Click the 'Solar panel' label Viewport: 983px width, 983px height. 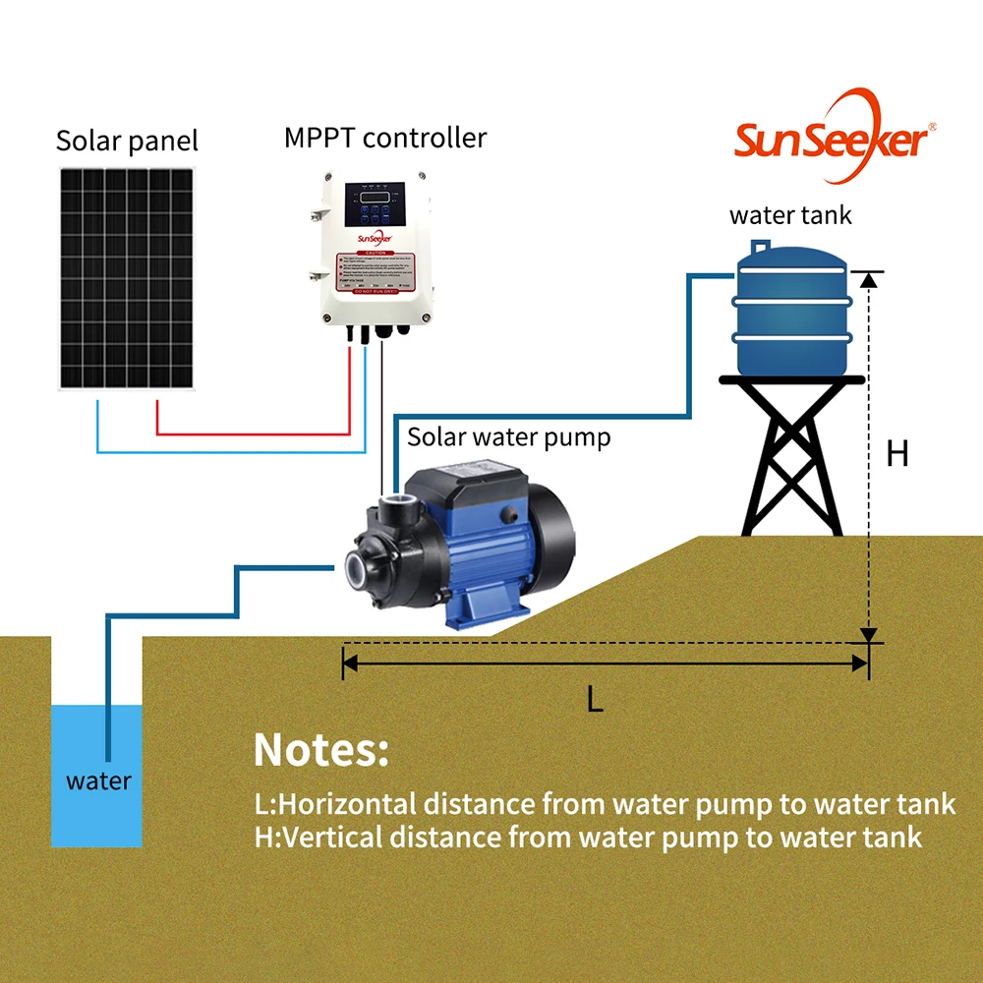point(127,141)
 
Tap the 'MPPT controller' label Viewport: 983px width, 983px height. point(385,137)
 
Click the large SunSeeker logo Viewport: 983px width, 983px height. point(831,138)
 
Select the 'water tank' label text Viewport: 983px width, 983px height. point(790,215)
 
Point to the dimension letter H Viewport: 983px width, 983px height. point(896,454)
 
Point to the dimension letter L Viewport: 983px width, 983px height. point(594,699)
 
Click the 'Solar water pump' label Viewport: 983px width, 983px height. point(508,436)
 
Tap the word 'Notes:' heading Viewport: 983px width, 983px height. point(321,750)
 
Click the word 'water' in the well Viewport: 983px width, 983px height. point(98,781)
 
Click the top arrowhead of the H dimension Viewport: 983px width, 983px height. point(868,279)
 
